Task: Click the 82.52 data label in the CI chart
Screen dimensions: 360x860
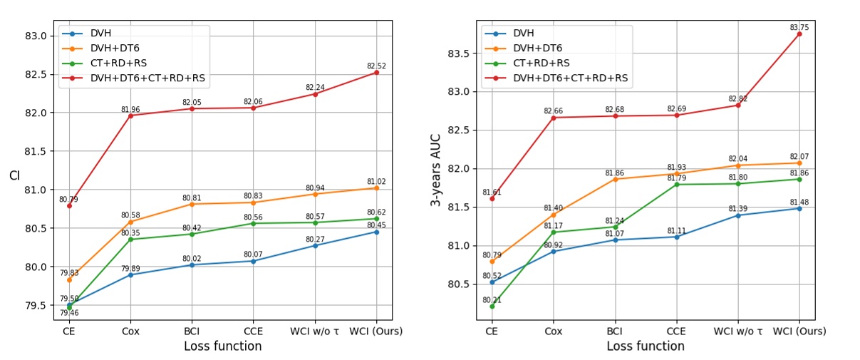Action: click(x=377, y=66)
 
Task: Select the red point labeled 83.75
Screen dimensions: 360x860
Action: click(x=799, y=34)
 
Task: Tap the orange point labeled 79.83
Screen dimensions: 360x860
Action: click(x=69, y=279)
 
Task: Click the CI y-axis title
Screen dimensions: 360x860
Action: click(x=14, y=175)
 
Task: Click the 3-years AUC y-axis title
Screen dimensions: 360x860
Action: click(x=435, y=170)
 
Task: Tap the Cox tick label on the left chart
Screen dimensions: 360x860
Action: click(x=130, y=331)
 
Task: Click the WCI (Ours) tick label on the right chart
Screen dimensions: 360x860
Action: click(x=799, y=331)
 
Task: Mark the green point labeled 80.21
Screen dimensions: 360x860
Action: click(x=492, y=306)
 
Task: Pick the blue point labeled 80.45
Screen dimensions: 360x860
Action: click(x=377, y=232)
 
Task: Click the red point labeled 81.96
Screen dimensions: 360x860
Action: click(x=130, y=115)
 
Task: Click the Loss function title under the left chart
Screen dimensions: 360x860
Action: click(x=222, y=346)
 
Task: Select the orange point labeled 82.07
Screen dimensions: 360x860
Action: click(x=799, y=163)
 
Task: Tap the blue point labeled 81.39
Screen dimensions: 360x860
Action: click(x=738, y=215)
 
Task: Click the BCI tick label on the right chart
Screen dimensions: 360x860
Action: click(x=615, y=331)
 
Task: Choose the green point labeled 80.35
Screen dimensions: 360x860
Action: click(x=130, y=240)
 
